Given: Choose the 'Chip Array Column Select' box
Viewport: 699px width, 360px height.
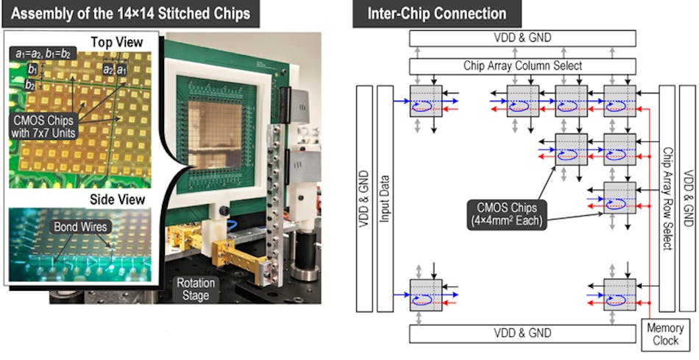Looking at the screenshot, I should click(x=522, y=66).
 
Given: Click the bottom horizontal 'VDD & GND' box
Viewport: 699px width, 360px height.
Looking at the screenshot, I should click(x=522, y=333).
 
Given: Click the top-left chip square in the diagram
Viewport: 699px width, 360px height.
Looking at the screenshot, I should click(x=426, y=102).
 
